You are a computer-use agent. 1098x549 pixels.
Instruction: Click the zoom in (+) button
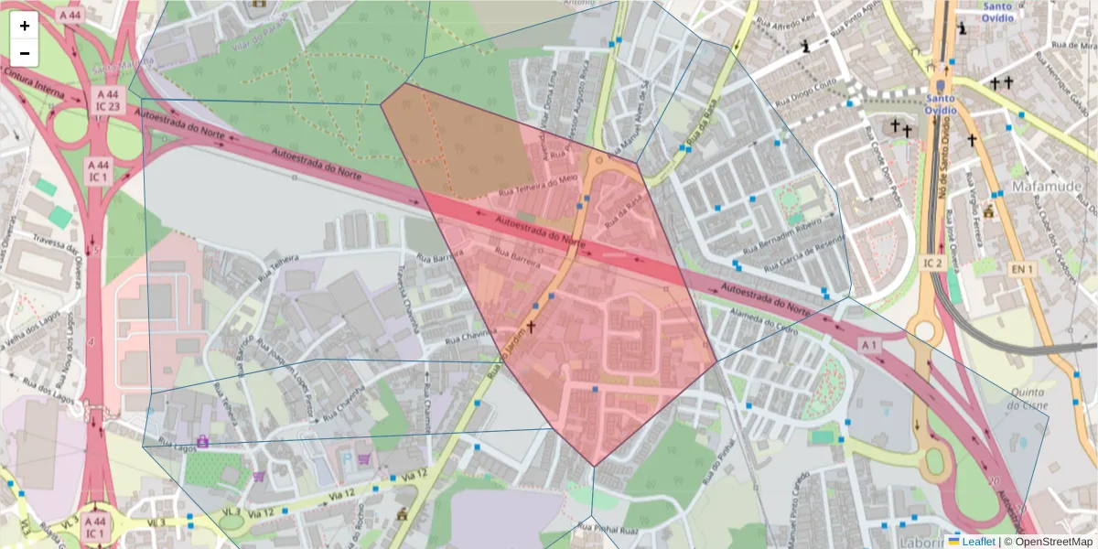[25, 26]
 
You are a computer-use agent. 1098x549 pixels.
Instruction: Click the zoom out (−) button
[25, 53]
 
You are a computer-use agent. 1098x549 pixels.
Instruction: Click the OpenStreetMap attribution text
[1048, 542]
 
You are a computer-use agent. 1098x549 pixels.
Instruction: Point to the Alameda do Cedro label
[763, 323]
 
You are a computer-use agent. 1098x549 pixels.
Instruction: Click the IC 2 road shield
[932, 264]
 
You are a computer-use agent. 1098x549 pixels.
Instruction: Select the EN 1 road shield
[1020, 269]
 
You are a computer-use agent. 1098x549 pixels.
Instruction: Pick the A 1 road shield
[868, 344]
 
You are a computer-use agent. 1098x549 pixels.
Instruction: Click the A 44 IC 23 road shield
[108, 100]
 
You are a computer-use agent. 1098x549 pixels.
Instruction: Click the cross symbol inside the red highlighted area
[531, 326]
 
